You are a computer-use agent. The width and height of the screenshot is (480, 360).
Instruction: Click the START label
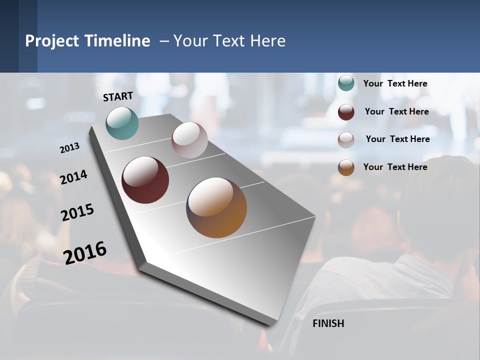tap(118, 96)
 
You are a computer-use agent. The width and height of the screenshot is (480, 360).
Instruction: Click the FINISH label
tap(328, 323)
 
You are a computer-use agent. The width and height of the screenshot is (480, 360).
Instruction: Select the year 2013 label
tap(69, 148)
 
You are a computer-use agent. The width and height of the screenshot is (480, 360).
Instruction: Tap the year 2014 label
tap(73, 177)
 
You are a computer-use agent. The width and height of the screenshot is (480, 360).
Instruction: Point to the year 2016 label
tap(85, 252)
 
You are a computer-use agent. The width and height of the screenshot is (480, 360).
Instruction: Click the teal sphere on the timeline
tap(122, 123)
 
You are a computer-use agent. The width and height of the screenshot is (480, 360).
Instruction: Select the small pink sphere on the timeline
tap(189, 140)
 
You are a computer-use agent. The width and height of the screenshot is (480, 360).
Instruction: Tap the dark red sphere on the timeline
tap(145, 180)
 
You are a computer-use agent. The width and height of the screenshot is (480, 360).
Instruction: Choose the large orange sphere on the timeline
tap(216, 207)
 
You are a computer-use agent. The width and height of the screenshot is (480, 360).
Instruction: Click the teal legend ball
tap(346, 83)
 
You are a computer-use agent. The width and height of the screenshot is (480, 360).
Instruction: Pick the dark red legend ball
tap(346, 112)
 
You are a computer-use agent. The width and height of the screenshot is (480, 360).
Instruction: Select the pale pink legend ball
tap(346, 140)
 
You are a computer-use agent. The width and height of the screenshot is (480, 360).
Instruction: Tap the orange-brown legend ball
tap(346, 167)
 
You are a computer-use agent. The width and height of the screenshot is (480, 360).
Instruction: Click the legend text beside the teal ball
tap(395, 83)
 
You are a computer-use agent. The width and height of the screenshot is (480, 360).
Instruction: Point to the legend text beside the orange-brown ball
tap(395, 167)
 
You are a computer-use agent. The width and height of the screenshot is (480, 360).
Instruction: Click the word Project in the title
tap(52, 41)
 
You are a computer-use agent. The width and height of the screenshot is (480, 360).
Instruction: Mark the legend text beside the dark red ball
tap(396, 111)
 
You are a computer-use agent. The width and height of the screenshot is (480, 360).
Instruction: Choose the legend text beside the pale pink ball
tap(397, 139)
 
